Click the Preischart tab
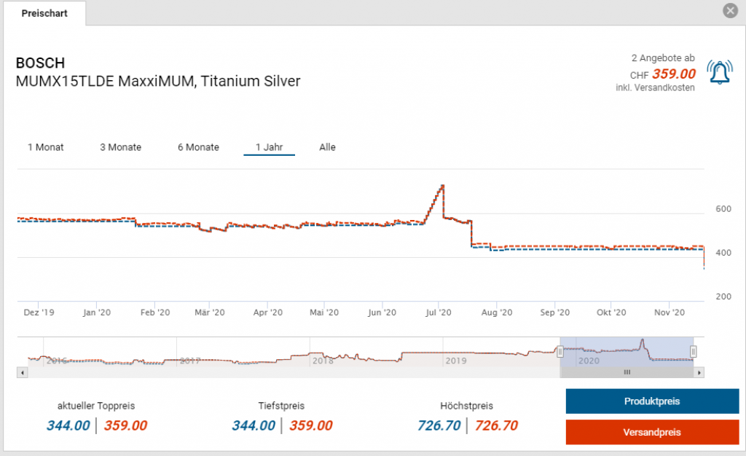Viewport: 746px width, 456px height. pyautogui.click(x=44, y=13)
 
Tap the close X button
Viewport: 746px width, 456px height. pyautogui.click(x=730, y=11)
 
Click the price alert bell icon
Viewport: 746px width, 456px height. pyautogui.click(x=720, y=73)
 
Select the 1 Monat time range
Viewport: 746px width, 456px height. pyautogui.click(x=46, y=147)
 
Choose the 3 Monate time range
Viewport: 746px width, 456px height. pyautogui.click(x=121, y=147)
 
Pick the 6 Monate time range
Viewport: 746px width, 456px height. pyautogui.click(x=198, y=147)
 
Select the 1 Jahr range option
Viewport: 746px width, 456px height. pyautogui.click(x=269, y=147)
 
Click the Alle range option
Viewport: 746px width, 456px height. pyautogui.click(x=327, y=147)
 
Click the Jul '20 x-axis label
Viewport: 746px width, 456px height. pyautogui.click(x=439, y=312)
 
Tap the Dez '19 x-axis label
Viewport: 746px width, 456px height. pyautogui.click(x=39, y=312)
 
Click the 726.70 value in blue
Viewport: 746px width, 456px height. pyautogui.click(x=439, y=425)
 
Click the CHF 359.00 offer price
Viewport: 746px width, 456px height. pyautogui.click(x=673, y=74)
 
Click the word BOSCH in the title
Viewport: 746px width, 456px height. pyautogui.click(x=40, y=63)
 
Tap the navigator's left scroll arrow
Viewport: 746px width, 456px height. pyautogui.click(x=22, y=372)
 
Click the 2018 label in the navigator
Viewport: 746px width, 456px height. pyautogui.click(x=322, y=361)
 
